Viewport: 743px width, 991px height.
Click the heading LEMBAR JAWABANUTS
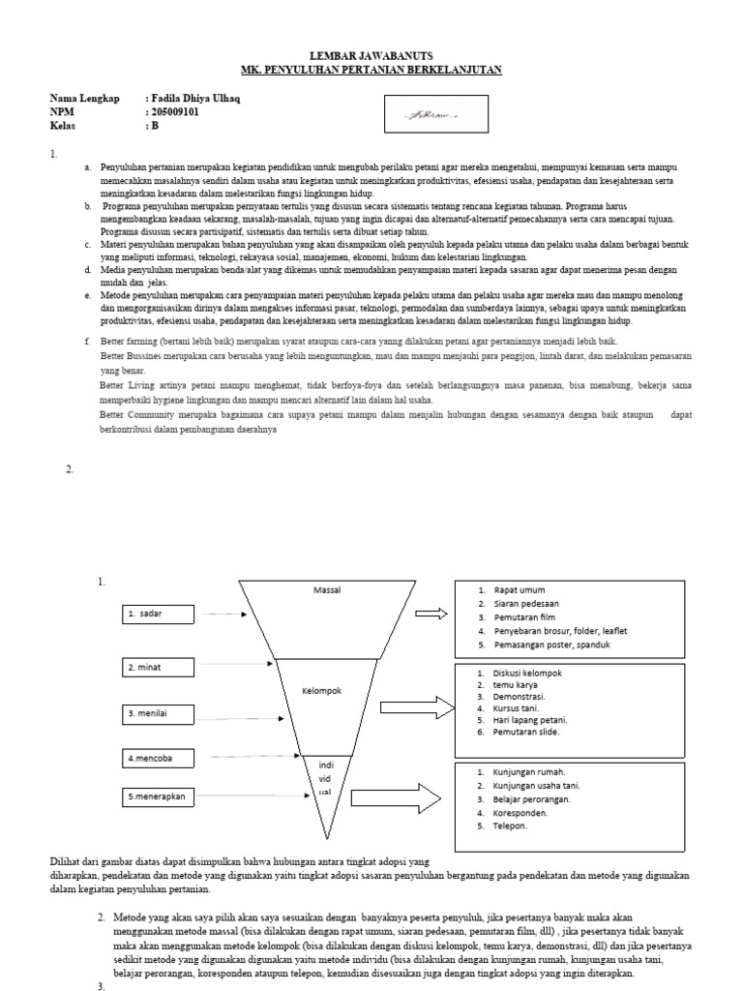pyautogui.click(x=371, y=57)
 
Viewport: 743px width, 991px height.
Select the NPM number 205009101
pyautogui.click(x=180, y=112)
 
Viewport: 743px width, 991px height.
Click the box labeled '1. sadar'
pyautogui.click(x=159, y=615)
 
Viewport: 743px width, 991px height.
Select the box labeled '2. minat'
pyautogui.click(x=159, y=668)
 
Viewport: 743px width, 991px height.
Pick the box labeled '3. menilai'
pyautogui.click(x=159, y=714)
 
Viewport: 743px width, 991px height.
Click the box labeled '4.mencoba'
pyautogui.click(x=159, y=759)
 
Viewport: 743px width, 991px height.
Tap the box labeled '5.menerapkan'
pyautogui.click(x=159, y=796)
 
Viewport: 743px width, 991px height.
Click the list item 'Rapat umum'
pyautogui.click(x=519, y=589)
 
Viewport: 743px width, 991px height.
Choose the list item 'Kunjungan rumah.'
pyautogui.click(x=528, y=772)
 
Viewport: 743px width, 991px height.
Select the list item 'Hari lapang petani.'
pyautogui.click(x=530, y=720)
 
